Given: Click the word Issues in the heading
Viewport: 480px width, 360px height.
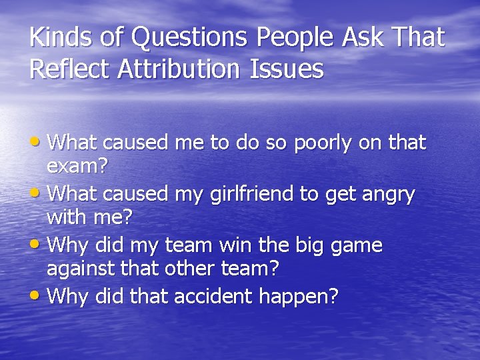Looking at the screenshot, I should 287,69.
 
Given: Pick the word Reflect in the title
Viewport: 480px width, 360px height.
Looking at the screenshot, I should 70,69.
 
